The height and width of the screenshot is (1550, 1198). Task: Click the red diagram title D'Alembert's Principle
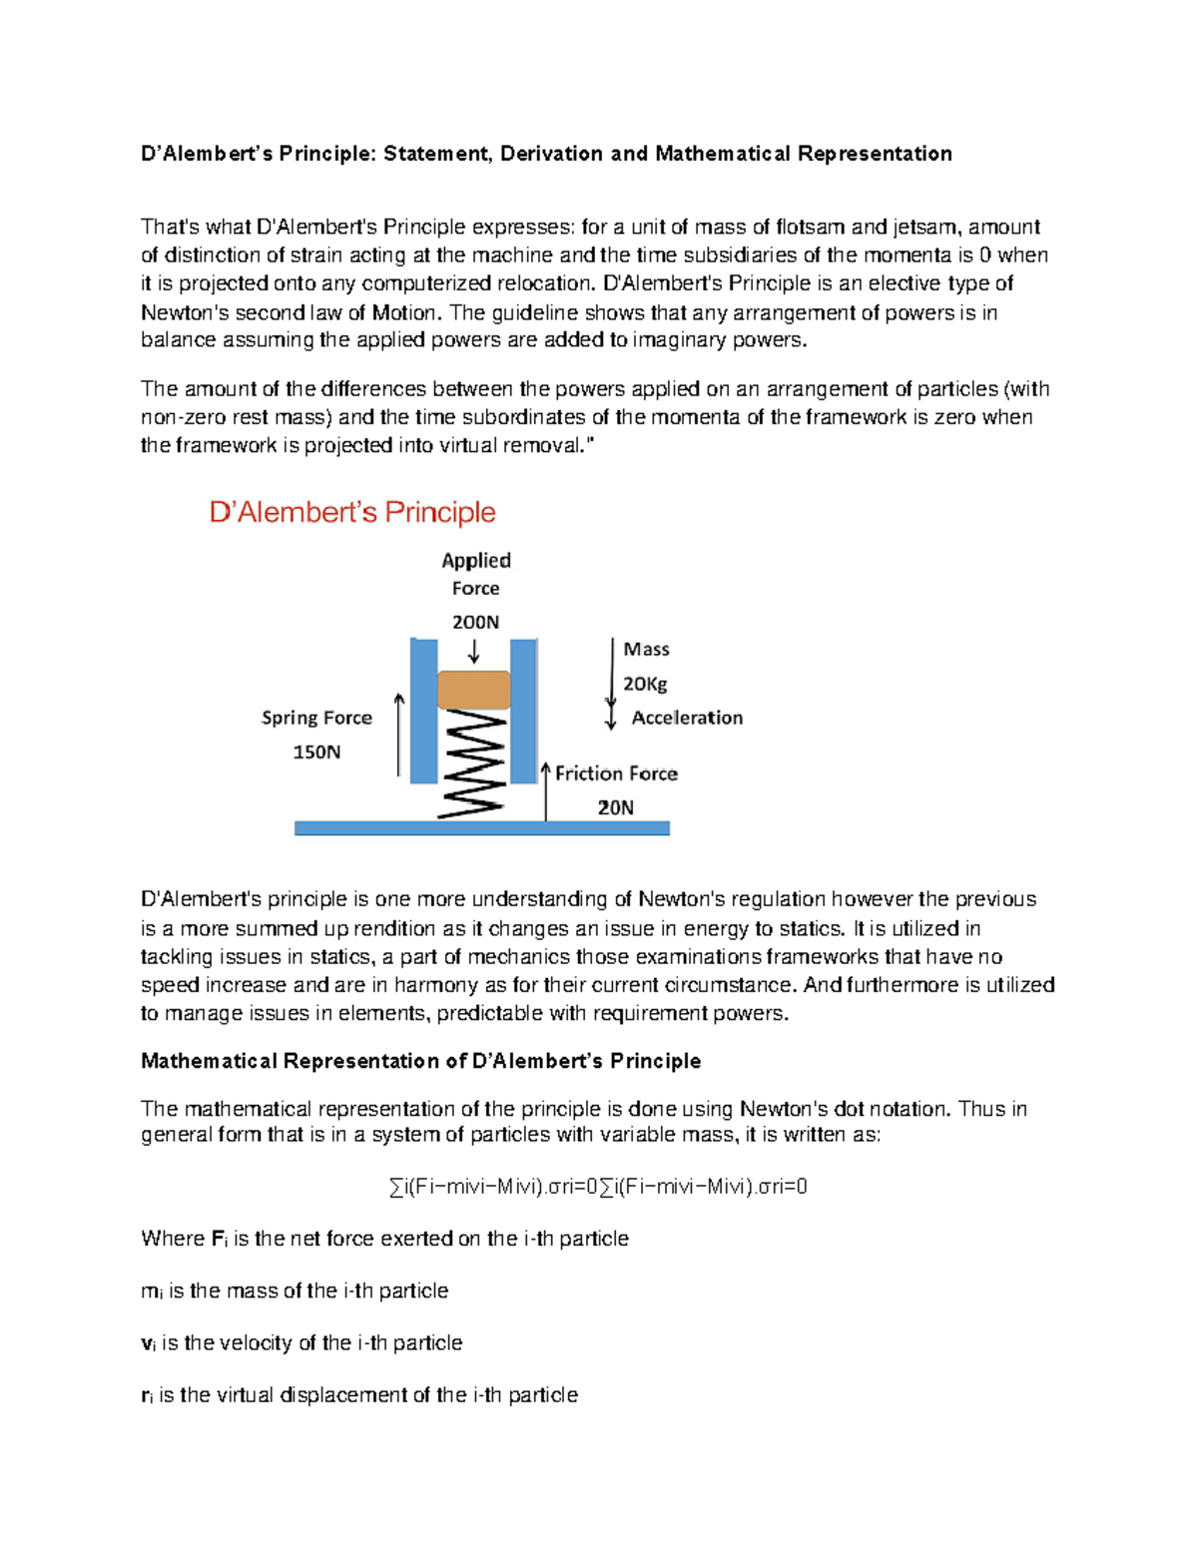click(x=352, y=512)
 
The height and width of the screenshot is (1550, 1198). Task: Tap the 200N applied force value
click(x=475, y=622)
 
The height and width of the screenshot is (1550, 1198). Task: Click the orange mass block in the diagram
click(x=474, y=690)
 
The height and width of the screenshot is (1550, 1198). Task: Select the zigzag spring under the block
click(x=472, y=765)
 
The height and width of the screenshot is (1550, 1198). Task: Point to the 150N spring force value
click(x=316, y=752)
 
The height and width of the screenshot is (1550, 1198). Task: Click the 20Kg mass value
click(x=645, y=684)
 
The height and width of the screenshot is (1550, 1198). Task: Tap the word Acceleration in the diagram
click(x=687, y=718)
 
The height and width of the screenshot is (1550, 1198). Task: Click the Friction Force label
click(x=616, y=774)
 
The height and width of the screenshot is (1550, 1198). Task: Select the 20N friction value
click(x=615, y=807)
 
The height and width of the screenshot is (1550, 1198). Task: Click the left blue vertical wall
click(x=423, y=711)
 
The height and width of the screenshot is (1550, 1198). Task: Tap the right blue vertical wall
click(x=523, y=711)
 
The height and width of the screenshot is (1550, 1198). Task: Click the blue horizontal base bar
click(x=481, y=827)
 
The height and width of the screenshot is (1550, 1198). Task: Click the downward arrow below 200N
click(x=474, y=652)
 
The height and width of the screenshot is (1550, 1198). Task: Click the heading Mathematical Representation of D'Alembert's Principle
click(x=420, y=1061)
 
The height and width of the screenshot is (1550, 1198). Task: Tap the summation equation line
click(x=598, y=1187)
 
